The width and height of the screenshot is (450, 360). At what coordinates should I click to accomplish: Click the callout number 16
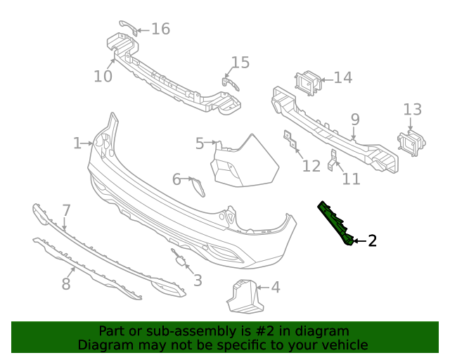click(160, 29)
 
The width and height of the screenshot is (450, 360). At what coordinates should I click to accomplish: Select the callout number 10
click(103, 75)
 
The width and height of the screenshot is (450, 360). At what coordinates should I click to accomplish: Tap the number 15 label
click(240, 63)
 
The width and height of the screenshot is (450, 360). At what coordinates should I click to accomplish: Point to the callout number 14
click(342, 77)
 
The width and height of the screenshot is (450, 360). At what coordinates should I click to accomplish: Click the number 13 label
click(413, 110)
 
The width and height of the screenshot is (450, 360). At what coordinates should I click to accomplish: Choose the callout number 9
click(355, 120)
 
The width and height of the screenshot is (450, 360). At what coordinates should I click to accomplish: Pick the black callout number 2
click(372, 241)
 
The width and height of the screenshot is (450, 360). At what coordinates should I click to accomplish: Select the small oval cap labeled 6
click(198, 187)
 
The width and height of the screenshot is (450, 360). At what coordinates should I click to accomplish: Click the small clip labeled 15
click(231, 84)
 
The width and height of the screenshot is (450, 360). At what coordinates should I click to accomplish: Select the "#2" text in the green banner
click(269, 330)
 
